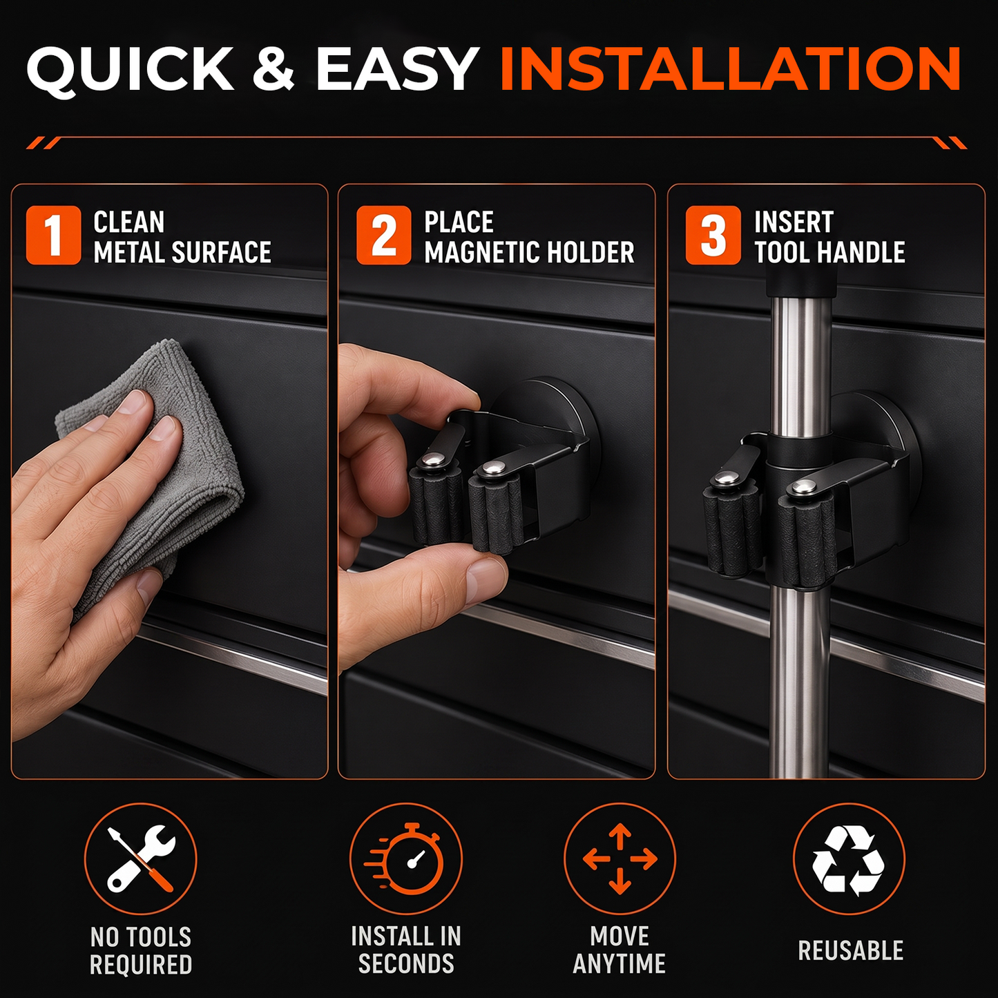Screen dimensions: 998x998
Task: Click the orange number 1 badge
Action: [53, 235]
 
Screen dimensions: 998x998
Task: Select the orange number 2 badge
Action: [383, 235]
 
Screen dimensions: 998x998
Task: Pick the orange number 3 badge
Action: [713, 235]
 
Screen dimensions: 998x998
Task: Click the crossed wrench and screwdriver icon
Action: [141, 858]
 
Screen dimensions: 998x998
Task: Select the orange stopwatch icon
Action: [405, 859]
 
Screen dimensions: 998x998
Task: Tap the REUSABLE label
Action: [850, 950]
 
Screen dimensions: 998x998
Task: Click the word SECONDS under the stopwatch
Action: [406, 964]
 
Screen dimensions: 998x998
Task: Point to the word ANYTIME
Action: [620, 964]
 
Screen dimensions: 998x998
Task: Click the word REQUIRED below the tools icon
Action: [141, 964]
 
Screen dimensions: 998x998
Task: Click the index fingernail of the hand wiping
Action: [131, 402]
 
